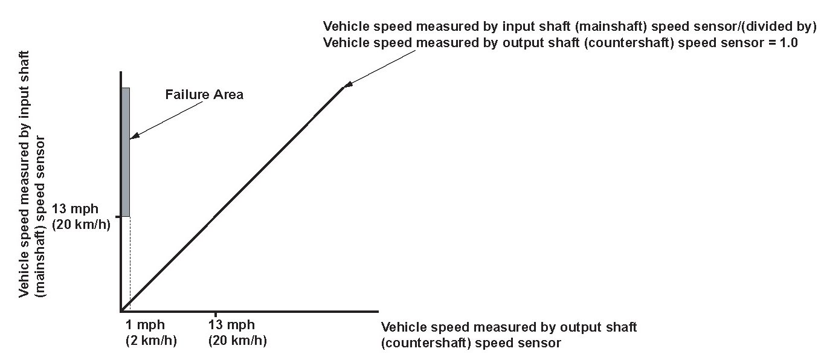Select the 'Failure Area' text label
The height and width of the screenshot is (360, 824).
(204, 94)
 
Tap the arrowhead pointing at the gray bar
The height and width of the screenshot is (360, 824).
(133, 137)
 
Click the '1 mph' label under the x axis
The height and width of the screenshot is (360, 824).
(144, 325)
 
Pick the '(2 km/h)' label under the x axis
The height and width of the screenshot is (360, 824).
(150, 340)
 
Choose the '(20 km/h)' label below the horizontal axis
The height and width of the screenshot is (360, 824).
(237, 340)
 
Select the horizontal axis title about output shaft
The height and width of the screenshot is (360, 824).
(509, 335)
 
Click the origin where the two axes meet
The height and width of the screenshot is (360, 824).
(121, 311)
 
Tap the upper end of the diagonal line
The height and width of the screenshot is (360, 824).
(343, 88)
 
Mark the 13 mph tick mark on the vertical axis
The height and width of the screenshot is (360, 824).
(118, 216)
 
